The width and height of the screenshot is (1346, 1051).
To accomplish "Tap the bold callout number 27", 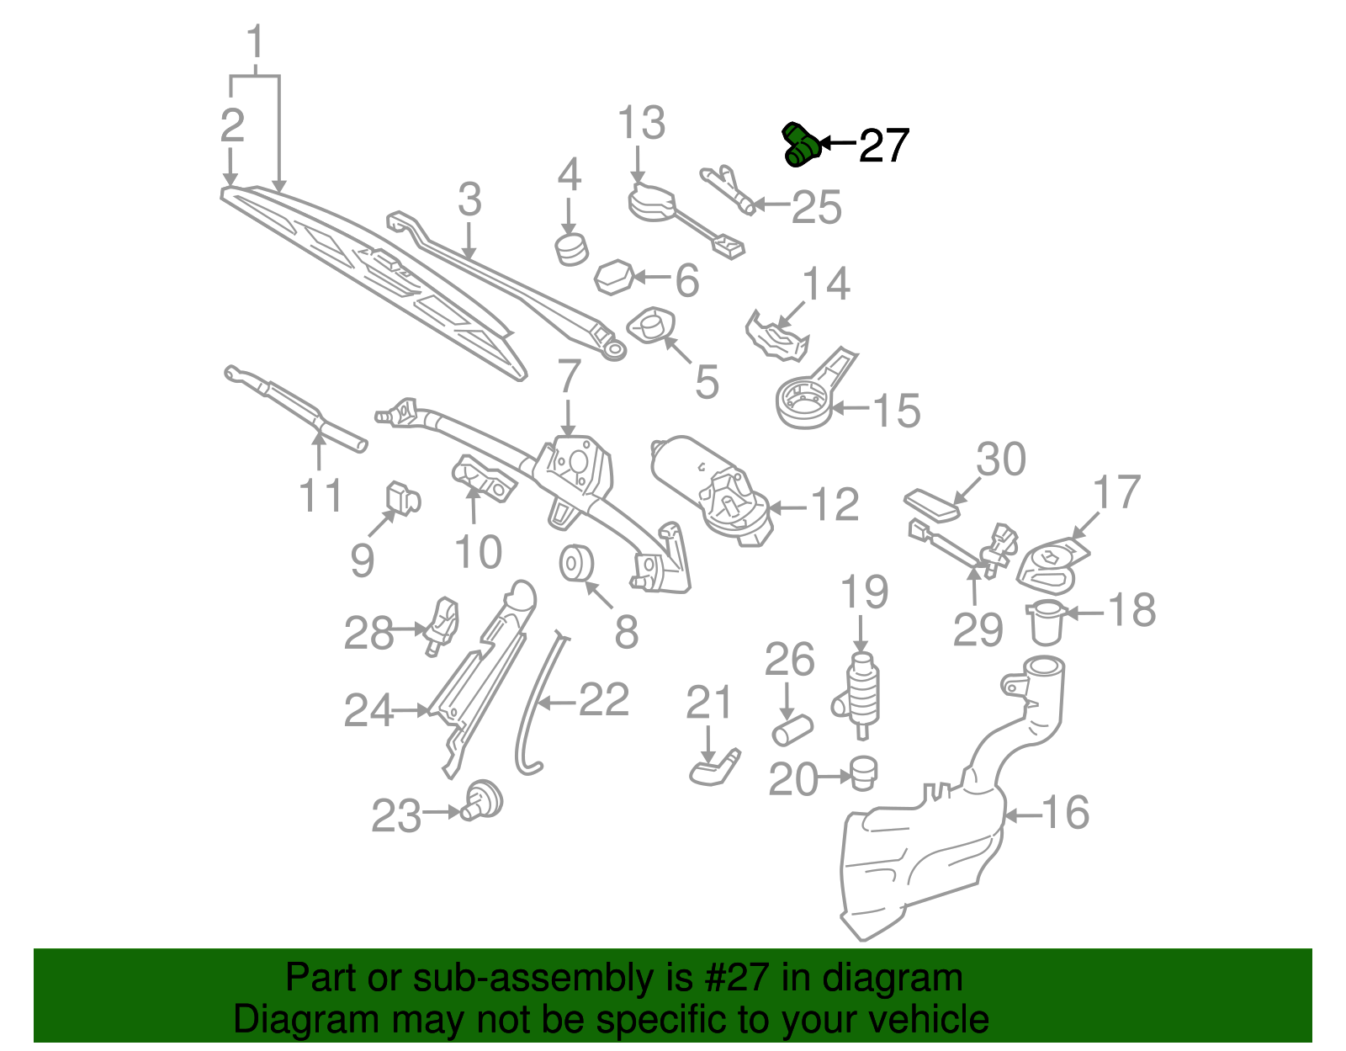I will (883, 146).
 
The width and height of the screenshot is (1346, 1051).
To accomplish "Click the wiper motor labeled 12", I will (711, 488).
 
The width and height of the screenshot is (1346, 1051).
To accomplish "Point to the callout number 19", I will (865, 592).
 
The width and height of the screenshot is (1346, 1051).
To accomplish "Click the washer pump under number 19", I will (861, 694).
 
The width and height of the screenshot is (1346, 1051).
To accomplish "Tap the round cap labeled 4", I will (571, 250).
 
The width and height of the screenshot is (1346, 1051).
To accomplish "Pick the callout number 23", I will (396, 815).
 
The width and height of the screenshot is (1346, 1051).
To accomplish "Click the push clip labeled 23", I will (484, 800).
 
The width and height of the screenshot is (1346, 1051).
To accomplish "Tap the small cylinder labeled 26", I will (792, 730).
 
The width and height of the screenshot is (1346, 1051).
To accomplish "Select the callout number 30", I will (1001, 459).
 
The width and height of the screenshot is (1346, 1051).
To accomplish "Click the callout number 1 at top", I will (255, 42).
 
